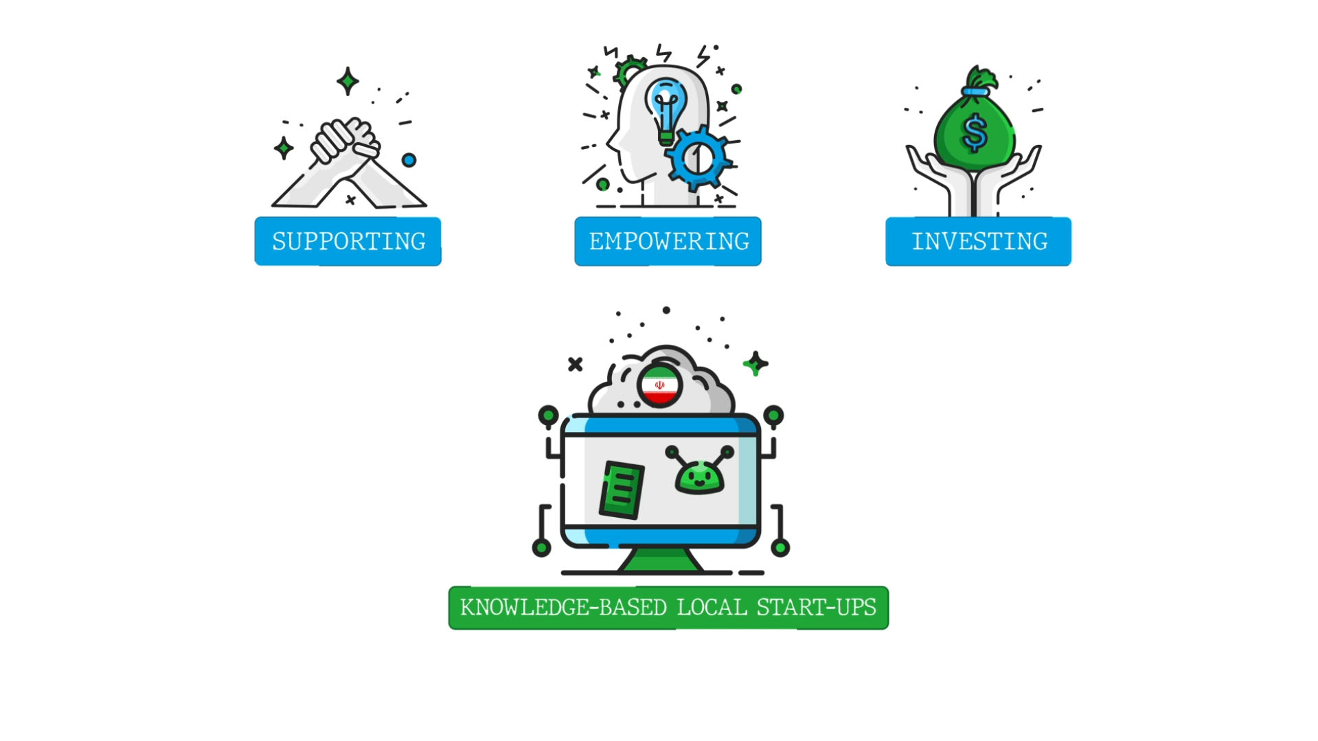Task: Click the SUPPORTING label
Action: tap(348, 241)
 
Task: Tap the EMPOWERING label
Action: tap(668, 241)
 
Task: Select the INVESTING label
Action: tap(979, 241)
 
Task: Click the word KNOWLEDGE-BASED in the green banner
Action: tap(563, 608)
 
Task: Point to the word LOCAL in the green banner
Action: tap(712, 608)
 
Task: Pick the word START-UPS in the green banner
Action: tap(816, 608)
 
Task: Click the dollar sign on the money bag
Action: tap(975, 133)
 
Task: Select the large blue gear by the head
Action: tap(698, 158)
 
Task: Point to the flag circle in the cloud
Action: tap(659, 386)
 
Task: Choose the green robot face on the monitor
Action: tap(699, 476)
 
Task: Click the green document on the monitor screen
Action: tap(622, 490)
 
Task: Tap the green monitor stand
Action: tap(660, 560)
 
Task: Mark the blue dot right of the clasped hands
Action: tap(409, 160)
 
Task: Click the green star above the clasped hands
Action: tap(348, 81)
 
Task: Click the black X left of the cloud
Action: tap(576, 364)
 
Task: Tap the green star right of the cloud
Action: tap(755, 363)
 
